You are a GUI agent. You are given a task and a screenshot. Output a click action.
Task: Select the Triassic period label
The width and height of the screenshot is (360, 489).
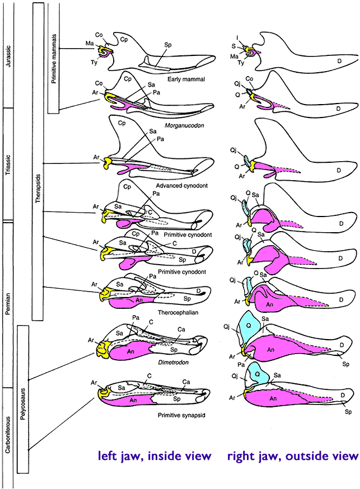[x=7, y=162]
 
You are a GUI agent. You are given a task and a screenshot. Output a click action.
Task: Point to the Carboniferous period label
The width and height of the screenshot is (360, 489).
[x=7, y=425]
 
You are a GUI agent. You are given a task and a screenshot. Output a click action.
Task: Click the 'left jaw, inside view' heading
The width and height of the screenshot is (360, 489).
[x=155, y=456]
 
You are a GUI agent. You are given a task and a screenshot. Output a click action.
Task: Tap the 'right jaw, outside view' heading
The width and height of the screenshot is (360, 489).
[x=292, y=456]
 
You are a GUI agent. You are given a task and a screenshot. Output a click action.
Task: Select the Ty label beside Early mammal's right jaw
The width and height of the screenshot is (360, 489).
[x=241, y=63]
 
